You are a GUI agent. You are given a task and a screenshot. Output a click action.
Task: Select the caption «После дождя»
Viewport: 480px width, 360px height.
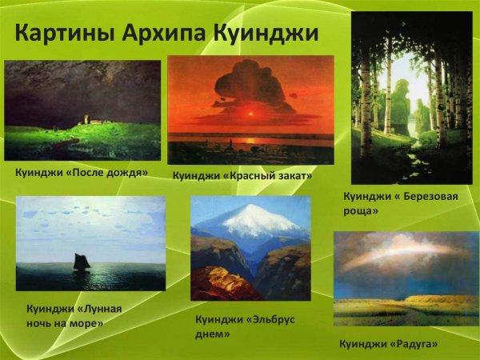(x=82, y=170)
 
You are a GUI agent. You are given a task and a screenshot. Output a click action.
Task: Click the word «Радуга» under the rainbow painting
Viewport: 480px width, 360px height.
(x=415, y=344)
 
